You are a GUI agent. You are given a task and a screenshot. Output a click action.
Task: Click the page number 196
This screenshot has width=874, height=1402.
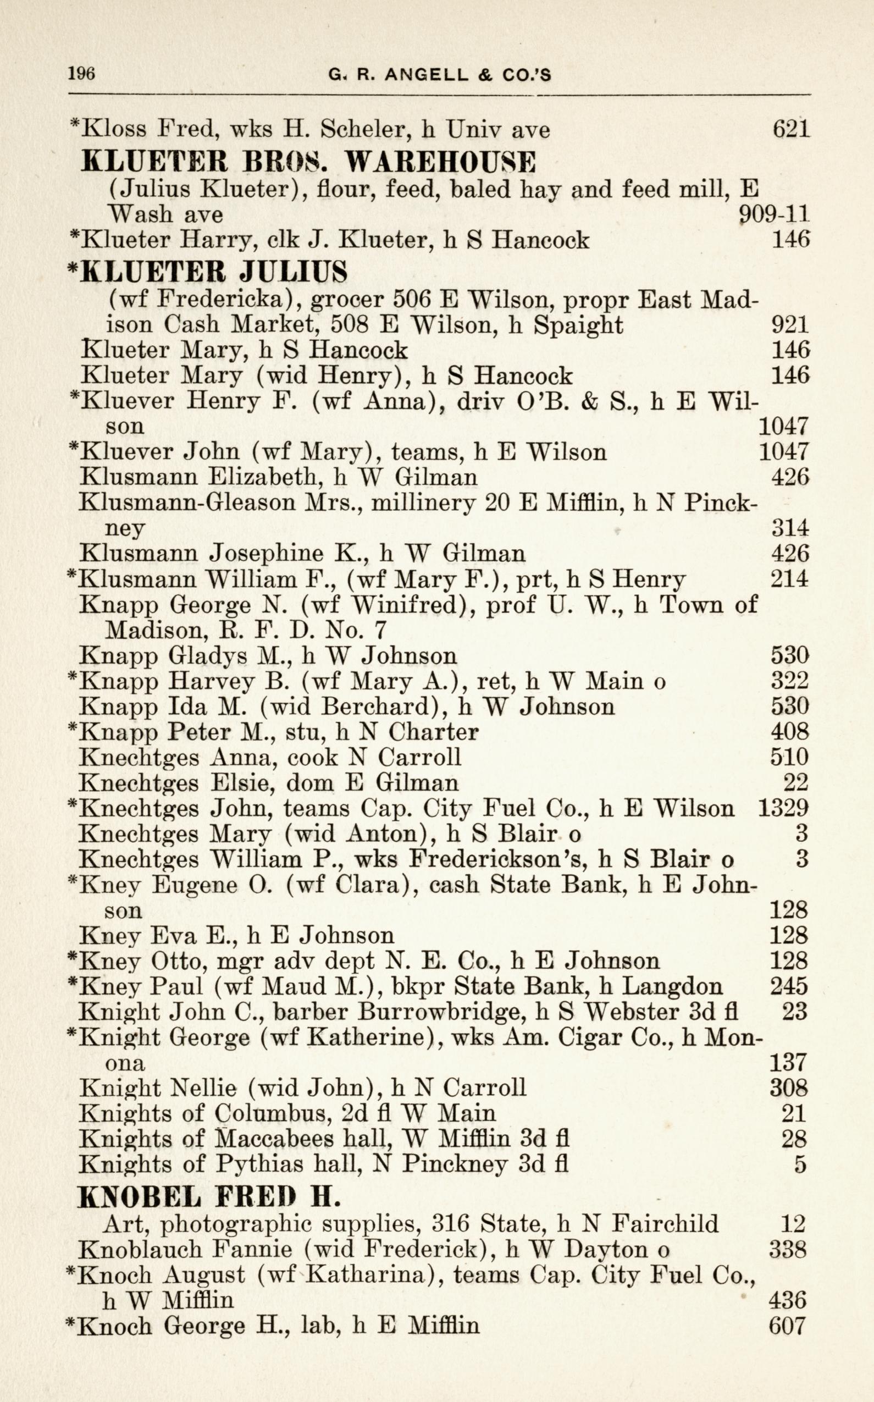(81, 74)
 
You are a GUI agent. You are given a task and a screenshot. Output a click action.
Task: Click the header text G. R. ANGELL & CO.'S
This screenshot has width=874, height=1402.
(439, 75)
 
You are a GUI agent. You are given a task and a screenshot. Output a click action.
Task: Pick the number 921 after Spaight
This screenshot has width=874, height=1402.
(789, 325)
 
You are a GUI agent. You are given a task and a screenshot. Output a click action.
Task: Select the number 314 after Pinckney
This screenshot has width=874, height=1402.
(789, 528)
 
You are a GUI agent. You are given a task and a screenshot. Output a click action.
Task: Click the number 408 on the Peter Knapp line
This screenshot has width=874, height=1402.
(789, 732)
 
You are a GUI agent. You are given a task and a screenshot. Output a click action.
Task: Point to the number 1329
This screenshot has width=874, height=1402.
(783, 808)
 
